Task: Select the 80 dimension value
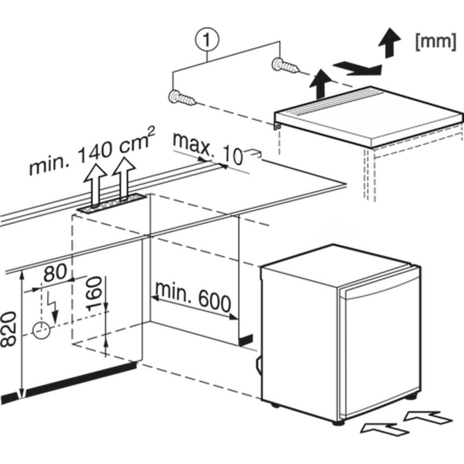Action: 56,275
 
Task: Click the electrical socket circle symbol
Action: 41,329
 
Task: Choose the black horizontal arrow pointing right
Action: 357,69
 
